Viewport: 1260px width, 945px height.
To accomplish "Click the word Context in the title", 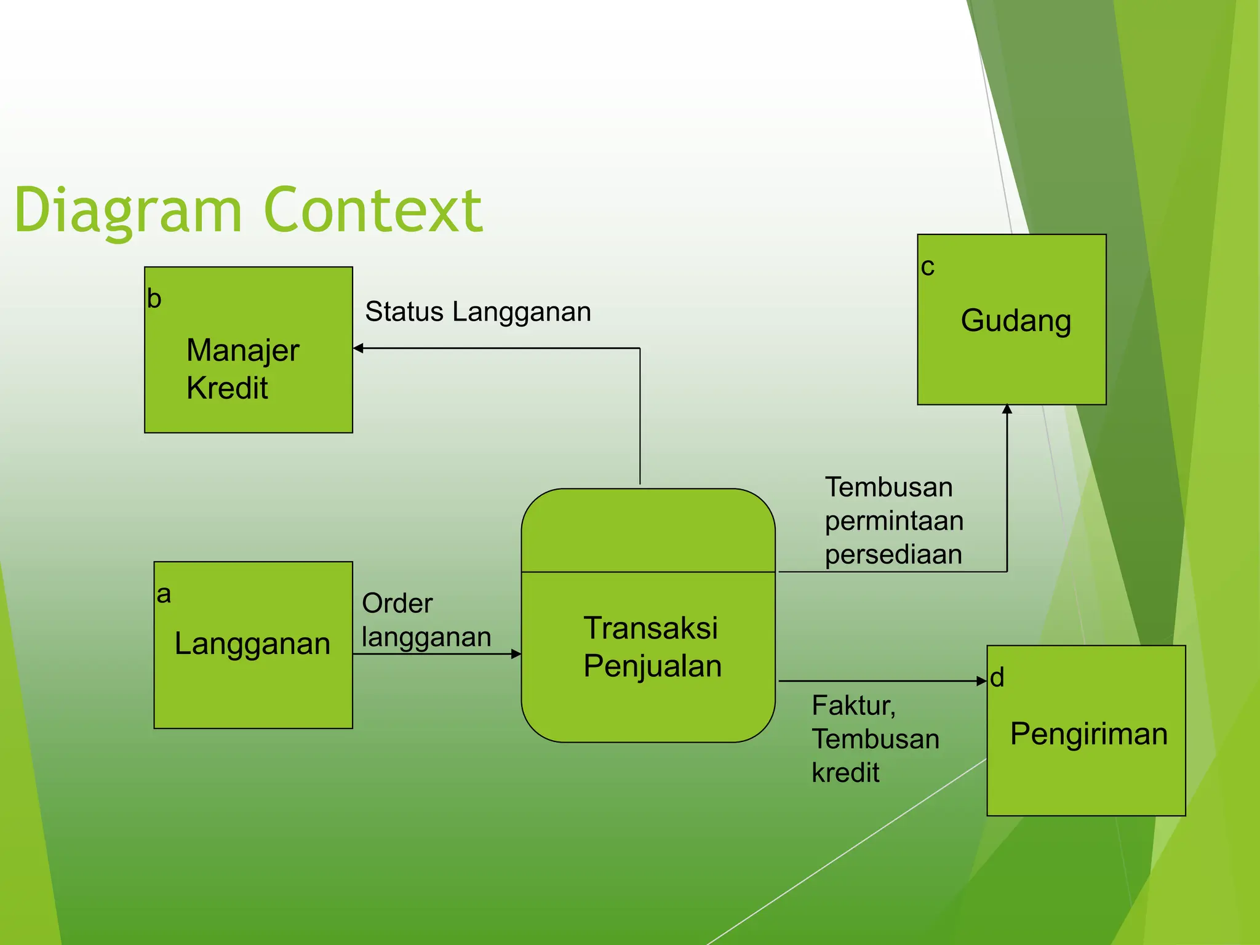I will tap(373, 210).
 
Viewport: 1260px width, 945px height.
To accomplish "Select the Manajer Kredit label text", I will tap(242, 369).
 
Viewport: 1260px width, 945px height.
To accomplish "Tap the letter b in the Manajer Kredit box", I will tap(154, 299).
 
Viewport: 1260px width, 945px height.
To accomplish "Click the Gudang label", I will tap(1016, 321).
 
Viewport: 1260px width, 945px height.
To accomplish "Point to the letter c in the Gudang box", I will tap(927, 268).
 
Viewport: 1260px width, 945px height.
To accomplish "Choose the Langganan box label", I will tap(252, 644).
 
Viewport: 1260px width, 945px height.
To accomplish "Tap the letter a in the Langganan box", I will tap(164, 595).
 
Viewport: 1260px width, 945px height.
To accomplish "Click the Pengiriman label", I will tap(1088, 734).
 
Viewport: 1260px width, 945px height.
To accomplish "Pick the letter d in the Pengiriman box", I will tap(997, 678).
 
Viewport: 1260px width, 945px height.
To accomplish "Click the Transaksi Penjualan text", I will tap(652, 647).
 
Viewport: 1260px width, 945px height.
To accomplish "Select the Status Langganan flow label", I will tap(478, 312).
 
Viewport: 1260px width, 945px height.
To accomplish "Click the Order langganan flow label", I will tap(426, 620).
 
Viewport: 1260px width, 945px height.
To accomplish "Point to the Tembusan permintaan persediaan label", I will tap(893, 521).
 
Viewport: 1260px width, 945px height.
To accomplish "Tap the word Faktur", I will tap(853, 706).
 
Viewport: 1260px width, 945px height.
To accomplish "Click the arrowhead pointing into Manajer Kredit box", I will tap(358, 348).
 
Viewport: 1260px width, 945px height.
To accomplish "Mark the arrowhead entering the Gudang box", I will tap(1007, 409).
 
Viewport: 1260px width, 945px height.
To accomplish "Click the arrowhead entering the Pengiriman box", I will tap(982, 680).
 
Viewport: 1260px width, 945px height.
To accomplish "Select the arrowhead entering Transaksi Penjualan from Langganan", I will tap(516, 654).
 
